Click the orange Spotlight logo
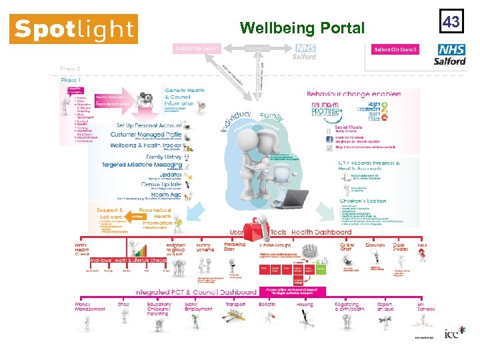click(x=73, y=29)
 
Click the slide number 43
click(x=451, y=22)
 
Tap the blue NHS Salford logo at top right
click(x=450, y=54)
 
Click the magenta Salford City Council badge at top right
click(x=395, y=49)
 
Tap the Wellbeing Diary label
click(x=234, y=247)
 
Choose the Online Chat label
click(x=347, y=247)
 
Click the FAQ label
click(x=422, y=245)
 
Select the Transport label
click(x=235, y=304)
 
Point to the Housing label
click(x=305, y=304)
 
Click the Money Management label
click(x=89, y=307)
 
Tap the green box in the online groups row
click(x=321, y=269)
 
